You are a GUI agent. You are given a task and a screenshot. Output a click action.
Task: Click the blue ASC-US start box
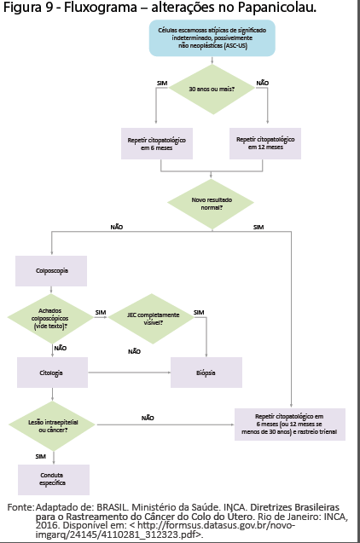212,38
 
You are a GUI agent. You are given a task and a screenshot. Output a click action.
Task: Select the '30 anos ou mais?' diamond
212,89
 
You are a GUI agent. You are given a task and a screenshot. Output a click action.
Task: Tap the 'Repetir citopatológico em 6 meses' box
157,144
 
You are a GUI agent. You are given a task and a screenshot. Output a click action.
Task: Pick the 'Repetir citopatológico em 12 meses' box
265,143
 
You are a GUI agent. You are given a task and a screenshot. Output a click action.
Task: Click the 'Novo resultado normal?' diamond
211,204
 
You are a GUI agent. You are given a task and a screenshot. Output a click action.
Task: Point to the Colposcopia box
51,271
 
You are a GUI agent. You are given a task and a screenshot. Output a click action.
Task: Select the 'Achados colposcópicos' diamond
50,319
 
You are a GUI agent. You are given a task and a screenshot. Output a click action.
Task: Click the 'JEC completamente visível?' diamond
151,319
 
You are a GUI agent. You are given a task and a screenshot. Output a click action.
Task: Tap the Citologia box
52,373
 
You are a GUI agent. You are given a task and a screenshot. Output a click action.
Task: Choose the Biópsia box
206,373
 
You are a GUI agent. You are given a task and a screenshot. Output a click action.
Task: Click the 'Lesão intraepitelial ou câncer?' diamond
52,426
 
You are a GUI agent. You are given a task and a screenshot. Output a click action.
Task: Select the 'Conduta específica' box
54,480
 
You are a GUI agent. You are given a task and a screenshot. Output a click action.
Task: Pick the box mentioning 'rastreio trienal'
290,425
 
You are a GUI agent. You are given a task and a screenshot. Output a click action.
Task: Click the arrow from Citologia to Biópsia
130,373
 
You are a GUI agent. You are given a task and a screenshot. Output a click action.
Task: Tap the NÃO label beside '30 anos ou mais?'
263,84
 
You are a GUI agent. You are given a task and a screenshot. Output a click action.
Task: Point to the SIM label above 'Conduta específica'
41,457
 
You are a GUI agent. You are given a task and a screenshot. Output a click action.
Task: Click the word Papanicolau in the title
277,7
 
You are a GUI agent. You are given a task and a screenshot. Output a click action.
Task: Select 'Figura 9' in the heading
28,8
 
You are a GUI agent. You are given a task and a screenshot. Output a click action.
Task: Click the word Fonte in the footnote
20,507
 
